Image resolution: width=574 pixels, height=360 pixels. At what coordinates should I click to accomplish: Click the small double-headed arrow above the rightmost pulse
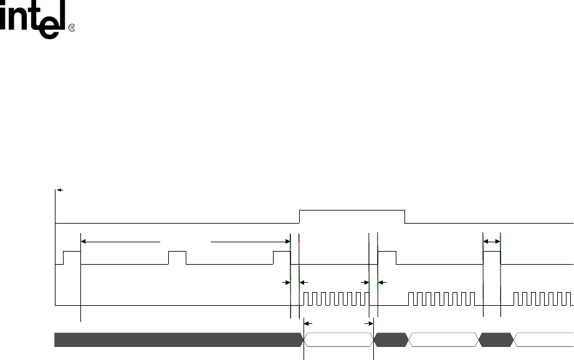(x=492, y=240)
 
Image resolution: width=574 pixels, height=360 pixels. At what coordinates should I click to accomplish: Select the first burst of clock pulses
(x=336, y=298)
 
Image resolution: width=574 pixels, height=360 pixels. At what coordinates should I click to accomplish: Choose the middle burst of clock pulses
(x=444, y=298)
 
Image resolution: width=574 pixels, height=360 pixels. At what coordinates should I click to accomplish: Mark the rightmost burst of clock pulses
(x=542, y=298)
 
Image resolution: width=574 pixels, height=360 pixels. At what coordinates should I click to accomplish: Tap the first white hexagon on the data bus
(x=338, y=339)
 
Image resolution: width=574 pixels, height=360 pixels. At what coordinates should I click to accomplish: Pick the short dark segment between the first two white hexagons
(x=391, y=339)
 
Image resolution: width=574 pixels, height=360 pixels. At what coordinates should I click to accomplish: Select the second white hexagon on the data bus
(x=444, y=339)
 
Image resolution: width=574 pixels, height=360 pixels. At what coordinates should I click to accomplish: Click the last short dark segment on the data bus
(x=496, y=339)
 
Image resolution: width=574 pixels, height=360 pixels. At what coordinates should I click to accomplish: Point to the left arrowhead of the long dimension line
(x=84, y=241)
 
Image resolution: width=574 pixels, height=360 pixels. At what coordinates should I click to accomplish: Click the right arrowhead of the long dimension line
(x=287, y=241)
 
